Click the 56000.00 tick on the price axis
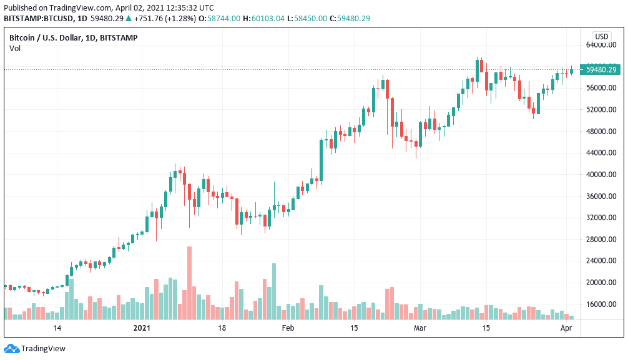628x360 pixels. [x=601, y=88]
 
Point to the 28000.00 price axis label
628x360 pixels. [x=601, y=240]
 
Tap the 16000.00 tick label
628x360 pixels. [x=601, y=304]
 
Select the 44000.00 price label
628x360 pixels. [x=601, y=153]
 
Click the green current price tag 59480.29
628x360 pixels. [x=601, y=70]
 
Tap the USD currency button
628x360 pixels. [x=602, y=37]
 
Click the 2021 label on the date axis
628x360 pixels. [x=142, y=328]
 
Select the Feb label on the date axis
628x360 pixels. [x=288, y=328]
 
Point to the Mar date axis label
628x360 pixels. [x=419, y=328]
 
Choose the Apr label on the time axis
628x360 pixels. [x=566, y=328]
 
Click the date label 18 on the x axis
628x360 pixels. [x=222, y=328]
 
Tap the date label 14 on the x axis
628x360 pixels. [x=57, y=328]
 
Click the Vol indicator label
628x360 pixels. [x=15, y=49]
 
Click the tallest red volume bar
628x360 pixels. [x=189, y=283]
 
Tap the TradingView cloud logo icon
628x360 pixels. [x=11, y=349]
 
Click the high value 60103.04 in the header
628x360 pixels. [x=268, y=19]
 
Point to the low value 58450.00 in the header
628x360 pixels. [x=310, y=19]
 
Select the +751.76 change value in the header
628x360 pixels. [x=148, y=19]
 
